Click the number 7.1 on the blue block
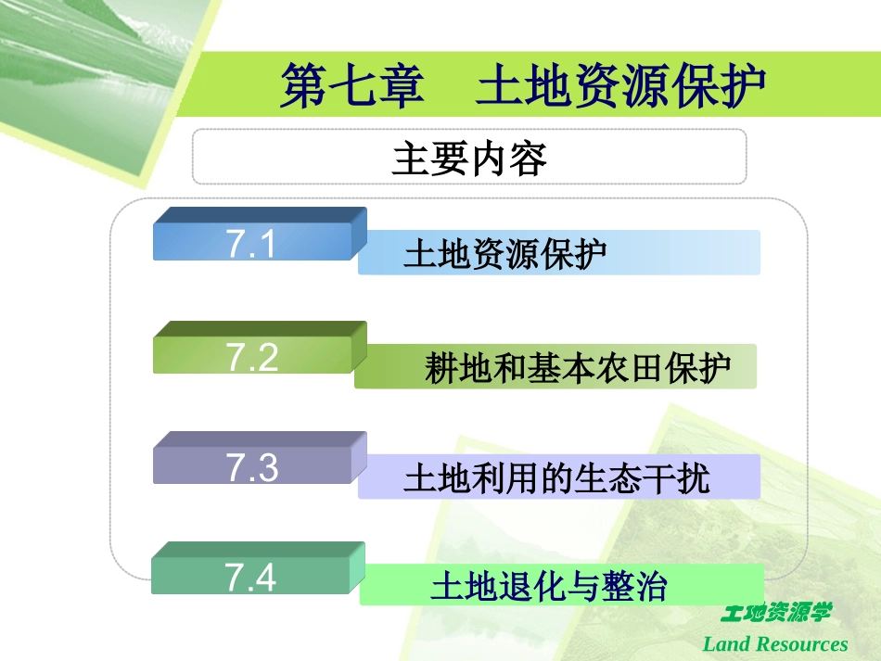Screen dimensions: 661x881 click(x=251, y=246)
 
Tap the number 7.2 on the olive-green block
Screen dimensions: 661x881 click(x=251, y=357)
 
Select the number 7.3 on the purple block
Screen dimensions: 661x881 click(x=251, y=468)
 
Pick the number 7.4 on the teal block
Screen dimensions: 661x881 click(x=251, y=578)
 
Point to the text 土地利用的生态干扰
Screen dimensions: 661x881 click(x=556, y=479)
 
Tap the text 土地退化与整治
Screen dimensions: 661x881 click(x=549, y=589)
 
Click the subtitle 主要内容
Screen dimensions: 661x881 click(x=469, y=159)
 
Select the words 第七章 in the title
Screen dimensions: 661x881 click(x=351, y=86)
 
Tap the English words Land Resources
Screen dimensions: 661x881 click(x=775, y=643)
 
